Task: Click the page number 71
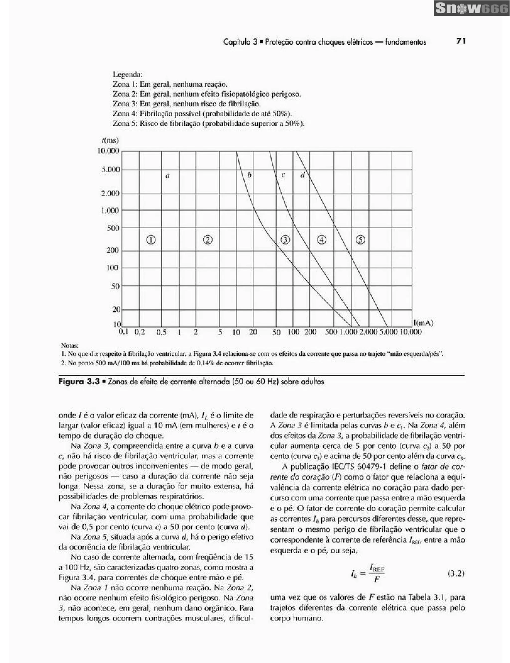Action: point(461,41)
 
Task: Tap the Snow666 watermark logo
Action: point(471,8)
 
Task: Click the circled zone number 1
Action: point(151,240)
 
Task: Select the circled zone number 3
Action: point(285,240)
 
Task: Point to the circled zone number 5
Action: point(360,240)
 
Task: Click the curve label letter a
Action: point(167,176)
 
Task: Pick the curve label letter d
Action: point(302,175)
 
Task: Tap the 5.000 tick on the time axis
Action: point(111,169)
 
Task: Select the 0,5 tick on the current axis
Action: point(161,332)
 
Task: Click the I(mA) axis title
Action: point(423,323)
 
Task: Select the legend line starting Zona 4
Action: point(202,114)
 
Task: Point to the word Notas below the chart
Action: point(70,345)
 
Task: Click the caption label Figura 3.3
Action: point(79,382)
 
